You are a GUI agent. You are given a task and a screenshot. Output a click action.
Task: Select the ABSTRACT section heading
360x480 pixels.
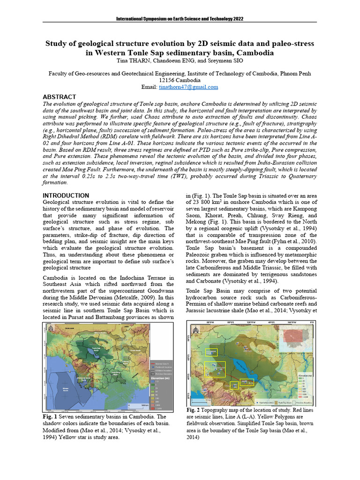pyautogui.click(x=60, y=97)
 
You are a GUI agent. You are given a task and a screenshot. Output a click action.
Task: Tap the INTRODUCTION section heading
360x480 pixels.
pyautogui.click(x=66, y=195)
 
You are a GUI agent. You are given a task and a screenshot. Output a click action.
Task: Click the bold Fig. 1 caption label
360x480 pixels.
pyautogui.click(x=50, y=416)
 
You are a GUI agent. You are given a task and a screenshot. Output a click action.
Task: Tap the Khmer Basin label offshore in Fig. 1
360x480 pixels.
pyautogui.click(x=65, y=389)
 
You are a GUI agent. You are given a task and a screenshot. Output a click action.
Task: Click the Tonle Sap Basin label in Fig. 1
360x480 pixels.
pyautogui.click(x=96, y=349)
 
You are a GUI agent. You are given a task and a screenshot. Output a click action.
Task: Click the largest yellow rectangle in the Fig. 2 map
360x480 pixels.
pyautogui.click(x=215, y=369)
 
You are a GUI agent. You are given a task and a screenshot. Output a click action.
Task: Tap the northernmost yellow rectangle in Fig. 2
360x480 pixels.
pyautogui.click(x=211, y=352)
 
